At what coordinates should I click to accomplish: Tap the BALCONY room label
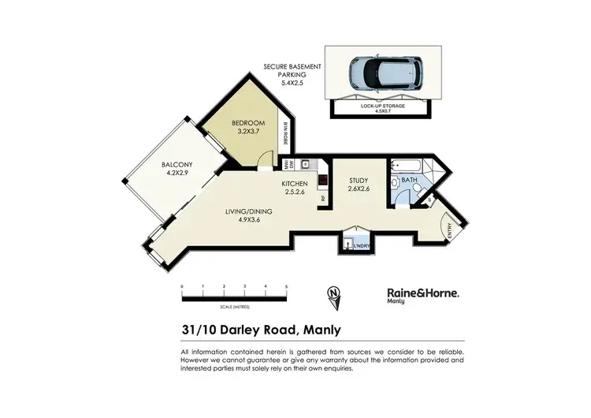(x=177, y=165)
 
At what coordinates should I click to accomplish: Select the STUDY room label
(x=359, y=180)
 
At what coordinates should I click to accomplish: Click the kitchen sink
(x=304, y=164)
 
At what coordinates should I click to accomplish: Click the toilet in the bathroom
(x=401, y=199)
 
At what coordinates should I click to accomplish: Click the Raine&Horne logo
(x=422, y=292)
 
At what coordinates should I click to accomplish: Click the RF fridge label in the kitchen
(x=322, y=197)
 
